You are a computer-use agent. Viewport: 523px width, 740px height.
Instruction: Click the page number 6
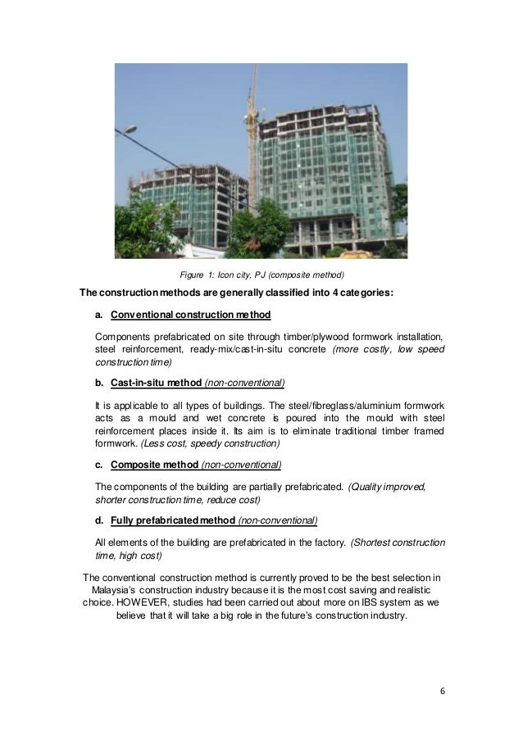[x=442, y=690]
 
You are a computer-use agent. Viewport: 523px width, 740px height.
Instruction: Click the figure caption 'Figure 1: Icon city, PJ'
[x=262, y=274]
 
